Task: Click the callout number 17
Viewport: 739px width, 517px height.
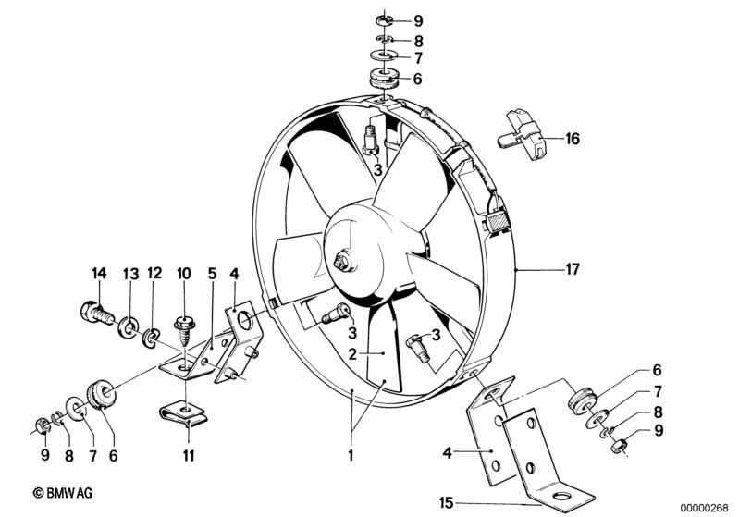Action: (x=573, y=269)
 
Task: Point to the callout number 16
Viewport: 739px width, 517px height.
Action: (x=573, y=140)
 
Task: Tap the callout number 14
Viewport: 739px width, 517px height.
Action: (x=100, y=273)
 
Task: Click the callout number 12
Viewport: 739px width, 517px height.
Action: (x=154, y=273)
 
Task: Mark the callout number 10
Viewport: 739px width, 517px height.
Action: (x=183, y=273)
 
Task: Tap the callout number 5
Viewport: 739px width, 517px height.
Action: (x=211, y=273)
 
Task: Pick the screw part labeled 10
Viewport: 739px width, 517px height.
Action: (x=183, y=326)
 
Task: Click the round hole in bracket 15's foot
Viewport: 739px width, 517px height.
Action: (x=560, y=500)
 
